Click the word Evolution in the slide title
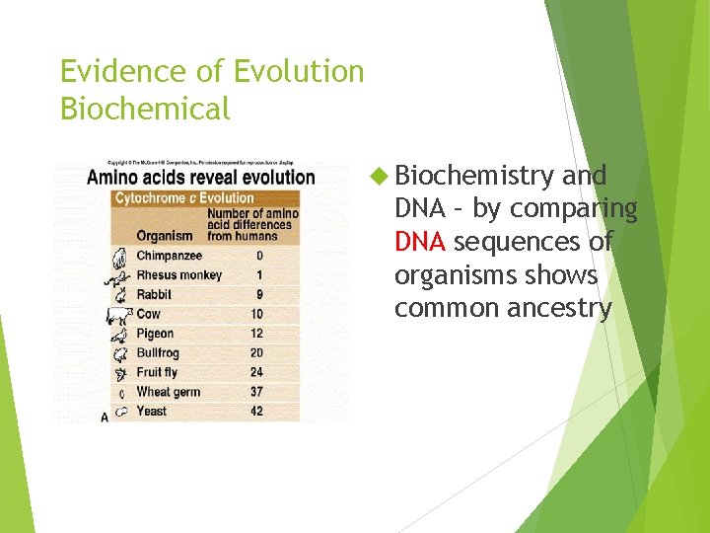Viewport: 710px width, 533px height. pyautogui.click(x=298, y=72)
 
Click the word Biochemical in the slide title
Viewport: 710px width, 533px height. pyautogui.click(x=145, y=109)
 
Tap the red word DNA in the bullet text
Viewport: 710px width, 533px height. pyautogui.click(x=420, y=242)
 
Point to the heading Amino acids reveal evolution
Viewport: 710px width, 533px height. pyautogui.click(x=201, y=179)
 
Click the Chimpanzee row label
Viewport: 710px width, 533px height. pyautogui.click(x=169, y=256)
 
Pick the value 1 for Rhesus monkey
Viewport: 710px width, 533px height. pyautogui.click(x=259, y=275)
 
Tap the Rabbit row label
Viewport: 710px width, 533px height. pyautogui.click(x=154, y=294)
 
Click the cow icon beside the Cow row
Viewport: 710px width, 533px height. pyautogui.click(x=118, y=315)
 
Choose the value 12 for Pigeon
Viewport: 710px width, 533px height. pyautogui.click(x=256, y=334)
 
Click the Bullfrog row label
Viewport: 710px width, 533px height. pyautogui.click(x=158, y=352)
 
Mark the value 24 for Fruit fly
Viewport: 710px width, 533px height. pyautogui.click(x=256, y=372)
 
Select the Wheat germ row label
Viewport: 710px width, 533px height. pyautogui.click(x=168, y=392)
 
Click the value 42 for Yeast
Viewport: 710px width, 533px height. pyautogui.click(x=256, y=411)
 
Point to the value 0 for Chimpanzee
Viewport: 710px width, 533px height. pyautogui.click(x=259, y=256)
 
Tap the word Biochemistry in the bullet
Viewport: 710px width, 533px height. pyautogui.click(x=474, y=176)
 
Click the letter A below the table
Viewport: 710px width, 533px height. pyautogui.click(x=105, y=419)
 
